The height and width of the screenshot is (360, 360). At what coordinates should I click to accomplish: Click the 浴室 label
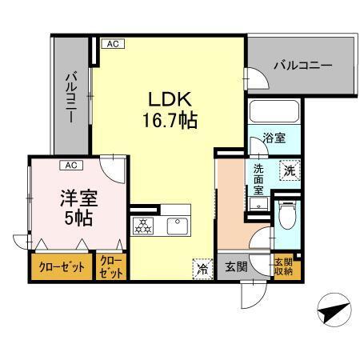tap(274, 138)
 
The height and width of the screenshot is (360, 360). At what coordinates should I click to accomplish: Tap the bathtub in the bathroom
tap(273, 110)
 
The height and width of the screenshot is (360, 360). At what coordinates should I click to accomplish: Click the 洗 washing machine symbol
tap(288, 170)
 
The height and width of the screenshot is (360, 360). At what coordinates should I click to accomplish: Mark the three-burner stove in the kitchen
tap(145, 226)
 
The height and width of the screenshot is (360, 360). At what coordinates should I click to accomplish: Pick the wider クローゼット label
tap(62, 268)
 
